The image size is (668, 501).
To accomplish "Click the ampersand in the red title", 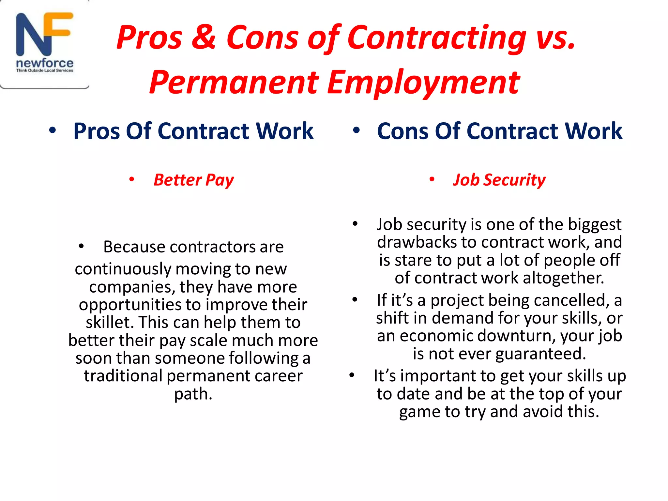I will [204, 38].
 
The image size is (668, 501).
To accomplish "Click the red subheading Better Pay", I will [194, 180].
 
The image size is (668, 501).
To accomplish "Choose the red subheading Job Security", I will [499, 180].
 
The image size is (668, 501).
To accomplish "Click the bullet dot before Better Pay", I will [132, 179].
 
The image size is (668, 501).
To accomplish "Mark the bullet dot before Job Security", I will [432, 179].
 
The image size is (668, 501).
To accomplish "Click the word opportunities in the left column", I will [130, 305].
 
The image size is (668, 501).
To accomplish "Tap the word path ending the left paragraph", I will [193, 394].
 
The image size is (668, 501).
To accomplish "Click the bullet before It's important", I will [352, 375].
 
